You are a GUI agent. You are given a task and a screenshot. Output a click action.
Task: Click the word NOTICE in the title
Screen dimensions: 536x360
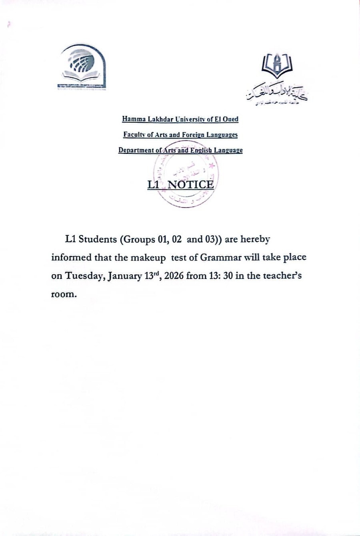click(190, 185)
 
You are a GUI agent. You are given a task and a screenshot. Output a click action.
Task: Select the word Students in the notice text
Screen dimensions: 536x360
click(97, 239)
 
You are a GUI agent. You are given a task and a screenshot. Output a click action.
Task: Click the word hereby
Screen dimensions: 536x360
click(255, 239)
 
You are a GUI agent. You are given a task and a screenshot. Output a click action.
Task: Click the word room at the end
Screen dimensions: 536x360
click(63, 295)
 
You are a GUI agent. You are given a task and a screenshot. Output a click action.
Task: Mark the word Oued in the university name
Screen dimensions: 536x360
click(230, 119)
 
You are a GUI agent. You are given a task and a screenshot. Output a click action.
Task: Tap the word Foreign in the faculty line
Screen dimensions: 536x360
click(193, 135)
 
